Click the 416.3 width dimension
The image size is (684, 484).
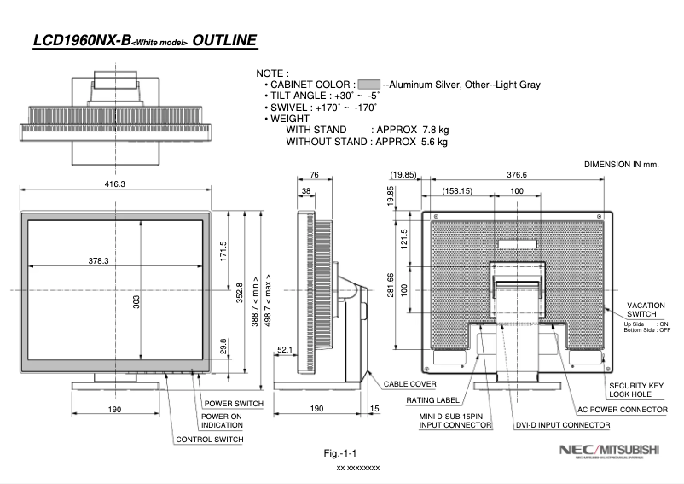[x=115, y=184]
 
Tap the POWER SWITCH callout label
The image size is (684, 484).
[x=233, y=403]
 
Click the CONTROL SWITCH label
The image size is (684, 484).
[x=209, y=440]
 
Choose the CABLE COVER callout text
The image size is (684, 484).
[x=410, y=384]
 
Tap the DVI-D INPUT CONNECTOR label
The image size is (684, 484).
[x=562, y=424]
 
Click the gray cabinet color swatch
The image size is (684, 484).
[x=368, y=85]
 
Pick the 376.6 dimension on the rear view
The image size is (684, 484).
[x=517, y=175]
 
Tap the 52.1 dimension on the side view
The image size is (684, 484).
[x=285, y=348]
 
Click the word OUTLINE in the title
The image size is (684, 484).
[x=224, y=40]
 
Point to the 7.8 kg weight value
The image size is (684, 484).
[x=436, y=130]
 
